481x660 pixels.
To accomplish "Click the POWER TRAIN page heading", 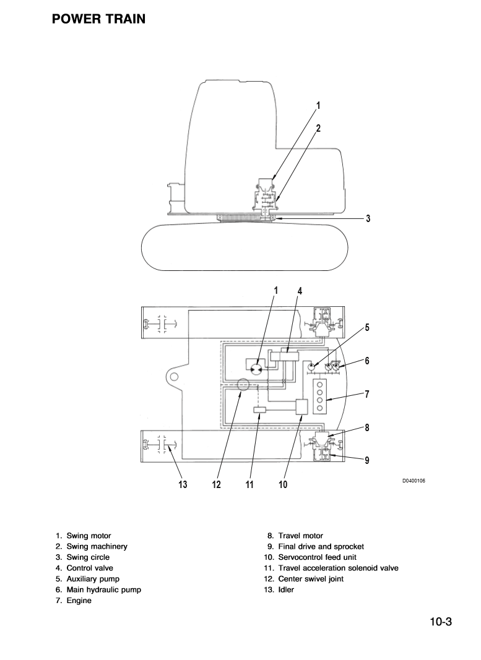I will (99, 19).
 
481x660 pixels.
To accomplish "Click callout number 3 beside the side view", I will (368, 218).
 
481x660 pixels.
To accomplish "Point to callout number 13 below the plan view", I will (183, 485).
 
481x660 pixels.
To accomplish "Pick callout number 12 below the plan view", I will (216, 485).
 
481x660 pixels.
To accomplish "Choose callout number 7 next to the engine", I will (367, 393).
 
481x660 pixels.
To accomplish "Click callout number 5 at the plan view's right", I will (367, 328).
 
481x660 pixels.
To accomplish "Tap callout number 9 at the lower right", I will (367, 460).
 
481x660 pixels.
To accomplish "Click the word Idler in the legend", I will (286, 589).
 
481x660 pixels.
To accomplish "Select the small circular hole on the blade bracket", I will (175, 376).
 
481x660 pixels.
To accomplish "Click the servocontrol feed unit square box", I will (303, 407).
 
